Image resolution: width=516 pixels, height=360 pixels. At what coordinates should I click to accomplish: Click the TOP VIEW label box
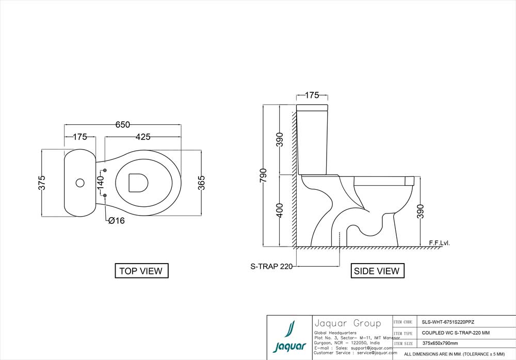click(x=141, y=271)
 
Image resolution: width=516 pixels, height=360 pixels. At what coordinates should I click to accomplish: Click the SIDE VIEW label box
click(x=377, y=271)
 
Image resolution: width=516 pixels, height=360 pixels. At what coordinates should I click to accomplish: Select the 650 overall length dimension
click(x=122, y=125)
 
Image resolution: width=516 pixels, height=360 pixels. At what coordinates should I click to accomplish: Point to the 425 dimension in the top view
click(x=143, y=137)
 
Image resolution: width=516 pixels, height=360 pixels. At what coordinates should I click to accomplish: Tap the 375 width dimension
click(x=42, y=183)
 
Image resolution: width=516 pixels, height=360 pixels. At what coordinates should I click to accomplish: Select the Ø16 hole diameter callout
click(x=116, y=221)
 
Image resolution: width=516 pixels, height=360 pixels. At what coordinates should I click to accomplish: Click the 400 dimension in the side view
click(x=280, y=210)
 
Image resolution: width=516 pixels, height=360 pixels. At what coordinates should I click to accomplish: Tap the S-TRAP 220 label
click(x=271, y=267)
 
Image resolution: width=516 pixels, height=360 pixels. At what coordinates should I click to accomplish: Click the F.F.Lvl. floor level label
click(x=439, y=242)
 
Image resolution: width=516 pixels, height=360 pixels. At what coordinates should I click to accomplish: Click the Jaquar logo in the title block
click(x=289, y=337)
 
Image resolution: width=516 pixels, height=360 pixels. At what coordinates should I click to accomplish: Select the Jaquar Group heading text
click(x=347, y=324)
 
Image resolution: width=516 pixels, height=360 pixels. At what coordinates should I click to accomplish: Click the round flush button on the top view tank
click(x=80, y=183)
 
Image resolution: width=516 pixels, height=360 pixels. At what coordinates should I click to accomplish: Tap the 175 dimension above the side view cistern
click(x=312, y=95)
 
